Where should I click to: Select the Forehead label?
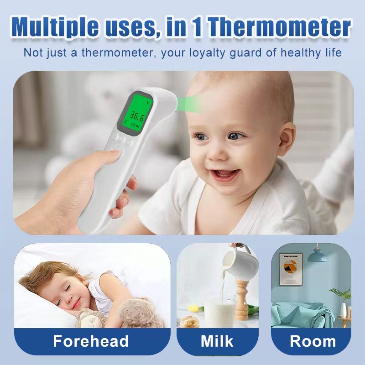coord(91,341)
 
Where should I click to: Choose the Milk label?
coord(217,341)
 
